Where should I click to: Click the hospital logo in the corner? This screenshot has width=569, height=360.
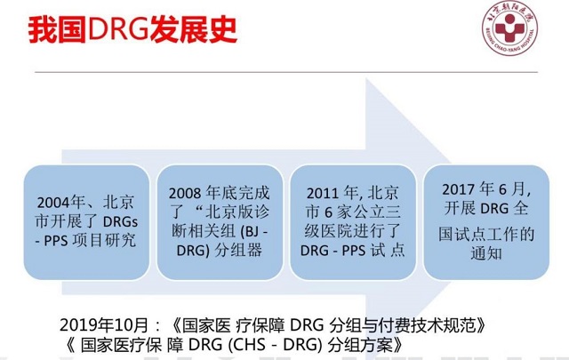(509, 28)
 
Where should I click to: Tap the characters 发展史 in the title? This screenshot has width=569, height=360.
(193, 29)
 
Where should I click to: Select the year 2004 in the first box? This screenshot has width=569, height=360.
(53, 203)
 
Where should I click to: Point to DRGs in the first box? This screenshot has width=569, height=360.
(121, 221)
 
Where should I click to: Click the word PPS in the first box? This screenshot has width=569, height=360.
(56, 241)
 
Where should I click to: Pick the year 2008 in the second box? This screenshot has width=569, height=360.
(185, 193)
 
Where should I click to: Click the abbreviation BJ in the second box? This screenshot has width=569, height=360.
(251, 231)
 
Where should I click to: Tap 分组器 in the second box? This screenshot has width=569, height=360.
(238, 251)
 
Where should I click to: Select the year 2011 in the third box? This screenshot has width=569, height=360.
(323, 193)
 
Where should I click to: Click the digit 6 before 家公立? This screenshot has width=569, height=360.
(328, 212)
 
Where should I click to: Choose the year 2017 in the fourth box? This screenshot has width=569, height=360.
(459, 189)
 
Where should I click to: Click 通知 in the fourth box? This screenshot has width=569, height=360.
(486, 253)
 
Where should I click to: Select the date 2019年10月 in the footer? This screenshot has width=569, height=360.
(104, 325)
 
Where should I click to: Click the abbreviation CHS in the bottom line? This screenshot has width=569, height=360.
(250, 344)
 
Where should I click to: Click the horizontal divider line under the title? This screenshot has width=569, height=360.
(286, 72)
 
